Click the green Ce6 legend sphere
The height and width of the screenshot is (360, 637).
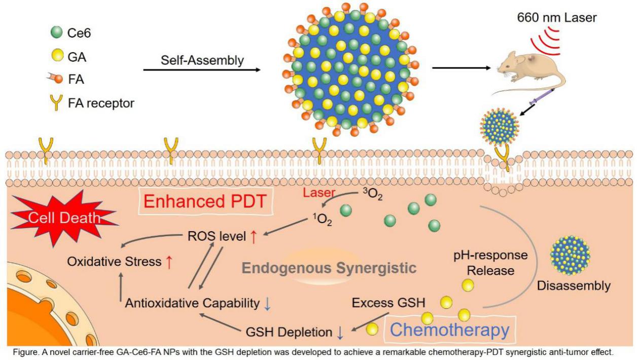[56, 33]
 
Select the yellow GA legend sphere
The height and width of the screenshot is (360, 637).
[56, 57]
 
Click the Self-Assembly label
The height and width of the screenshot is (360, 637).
[202, 60]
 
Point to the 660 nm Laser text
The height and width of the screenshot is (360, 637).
[557, 18]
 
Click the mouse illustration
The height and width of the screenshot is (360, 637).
[527, 70]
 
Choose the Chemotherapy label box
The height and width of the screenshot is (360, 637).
[450, 330]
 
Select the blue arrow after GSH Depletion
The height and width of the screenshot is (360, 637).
[340, 333]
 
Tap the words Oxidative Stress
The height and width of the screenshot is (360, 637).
[115, 263]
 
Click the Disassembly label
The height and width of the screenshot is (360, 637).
[574, 285]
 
